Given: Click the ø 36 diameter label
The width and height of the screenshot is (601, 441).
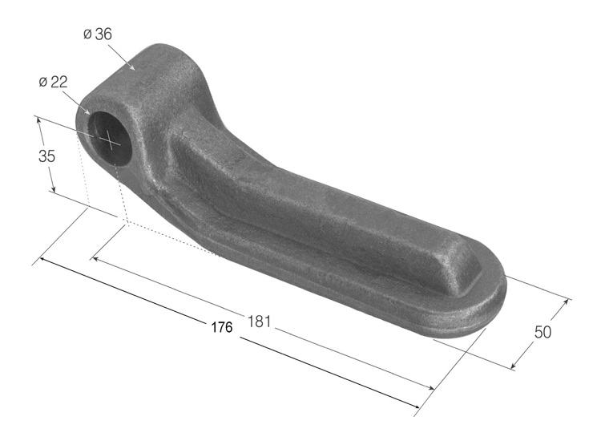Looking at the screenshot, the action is pos(97,34).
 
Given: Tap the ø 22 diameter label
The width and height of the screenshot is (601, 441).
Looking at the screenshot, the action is pos(53,82).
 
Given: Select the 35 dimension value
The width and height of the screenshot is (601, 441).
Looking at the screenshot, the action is pos(46,156).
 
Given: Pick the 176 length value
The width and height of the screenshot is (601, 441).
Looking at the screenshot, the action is pos(222,327).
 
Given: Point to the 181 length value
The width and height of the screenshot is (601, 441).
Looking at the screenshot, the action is pos(259,322).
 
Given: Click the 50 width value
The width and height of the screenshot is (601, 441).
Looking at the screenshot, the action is pos(543,332).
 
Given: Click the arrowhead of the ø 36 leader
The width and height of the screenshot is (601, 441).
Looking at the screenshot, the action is pos(131,67).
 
